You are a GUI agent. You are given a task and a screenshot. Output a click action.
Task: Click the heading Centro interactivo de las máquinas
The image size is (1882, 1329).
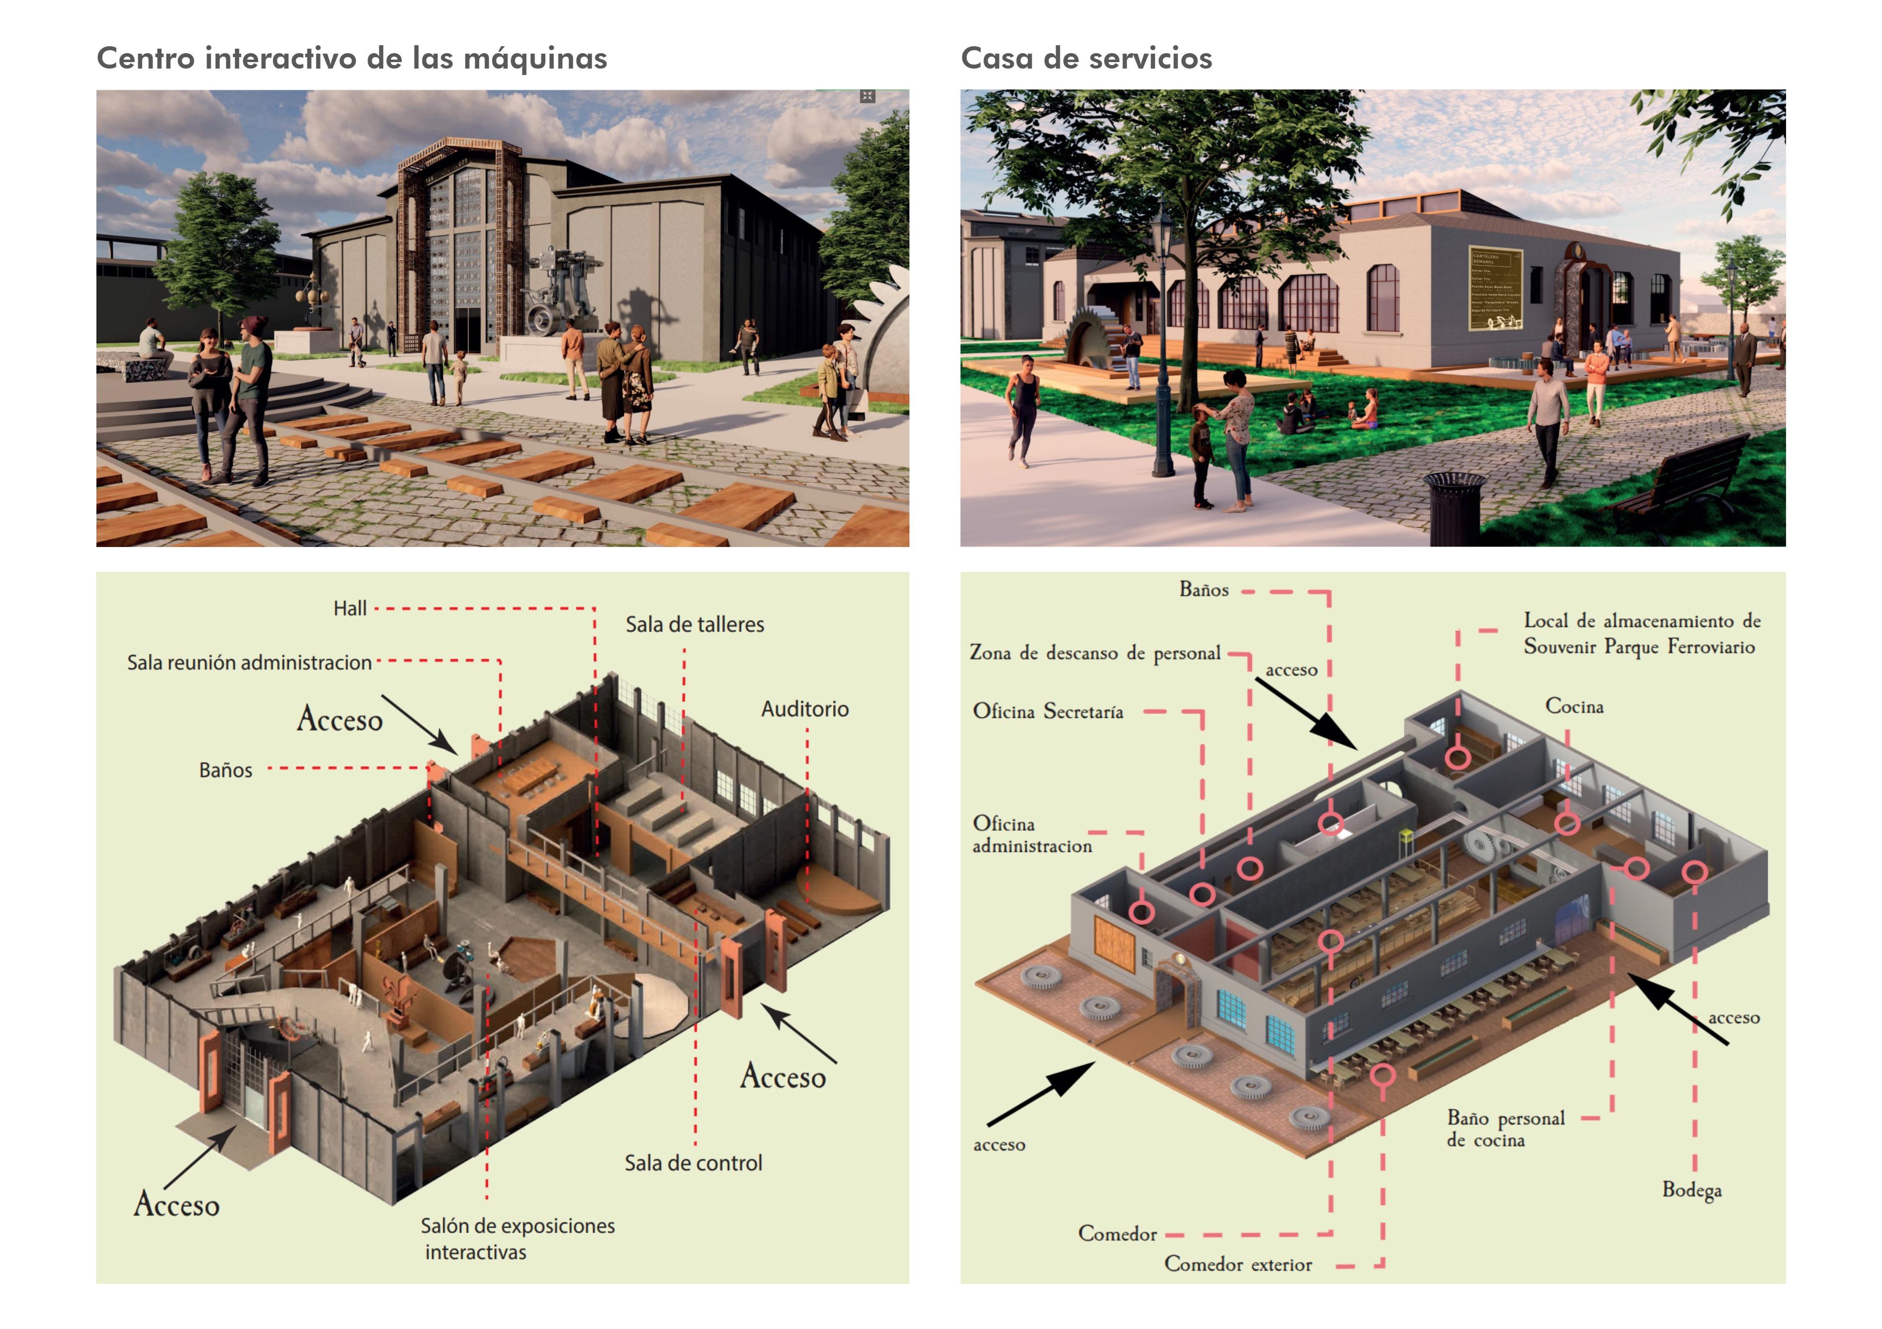[x=352, y=59]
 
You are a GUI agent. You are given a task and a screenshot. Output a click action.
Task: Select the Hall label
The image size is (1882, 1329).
[x=350, y=609]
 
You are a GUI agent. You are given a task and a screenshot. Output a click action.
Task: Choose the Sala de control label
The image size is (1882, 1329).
[x=693, y=1164]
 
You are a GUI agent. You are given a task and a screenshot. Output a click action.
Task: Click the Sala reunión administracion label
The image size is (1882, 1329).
[x=249, y=663]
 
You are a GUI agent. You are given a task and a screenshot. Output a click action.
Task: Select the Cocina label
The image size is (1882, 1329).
[x=1574, y=706]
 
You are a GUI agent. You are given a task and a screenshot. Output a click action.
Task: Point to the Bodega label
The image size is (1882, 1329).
[x=1691, y=1190]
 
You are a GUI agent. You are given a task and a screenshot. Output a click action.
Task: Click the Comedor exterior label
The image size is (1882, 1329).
[x=1238, y=1265]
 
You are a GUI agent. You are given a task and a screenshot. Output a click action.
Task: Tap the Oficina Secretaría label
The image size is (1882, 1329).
[x=1048, y=711]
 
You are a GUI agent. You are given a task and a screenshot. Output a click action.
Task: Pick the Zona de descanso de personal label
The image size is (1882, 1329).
[x=1095, y=653]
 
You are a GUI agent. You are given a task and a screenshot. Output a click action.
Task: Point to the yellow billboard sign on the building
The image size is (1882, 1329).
[x=1494, y=289]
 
